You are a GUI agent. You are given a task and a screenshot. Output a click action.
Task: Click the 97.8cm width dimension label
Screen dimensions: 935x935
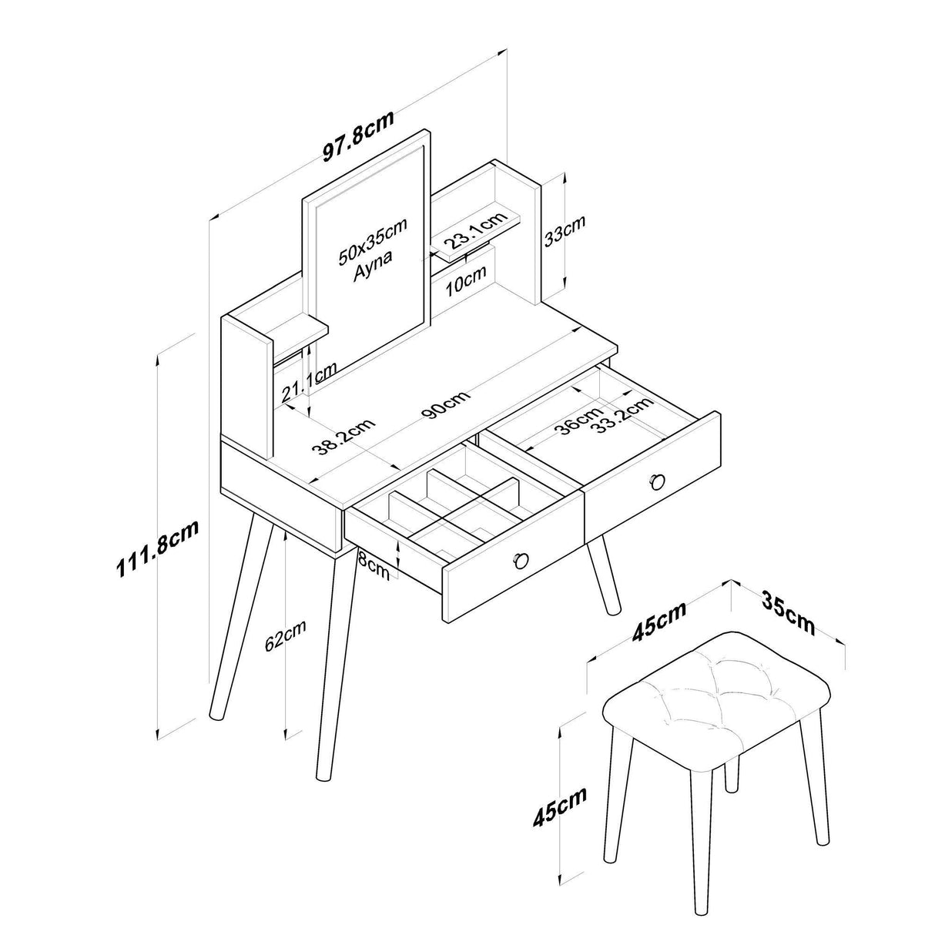(x=359, y=136)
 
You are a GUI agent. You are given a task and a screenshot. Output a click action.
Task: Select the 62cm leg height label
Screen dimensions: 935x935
(x=285, y=635)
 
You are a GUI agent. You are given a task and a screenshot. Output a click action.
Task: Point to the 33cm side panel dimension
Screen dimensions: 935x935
(x=565, y=231)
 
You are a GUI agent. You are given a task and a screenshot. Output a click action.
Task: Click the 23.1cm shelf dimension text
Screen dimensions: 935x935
(x=474, y=232)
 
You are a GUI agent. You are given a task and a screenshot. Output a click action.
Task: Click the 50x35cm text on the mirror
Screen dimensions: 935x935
(x=372, y=240)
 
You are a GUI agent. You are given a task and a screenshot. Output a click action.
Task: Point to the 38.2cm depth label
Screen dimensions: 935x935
(x=343, y=437)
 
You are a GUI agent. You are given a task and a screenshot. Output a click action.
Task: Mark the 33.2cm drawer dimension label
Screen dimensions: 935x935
(x=623, y=416)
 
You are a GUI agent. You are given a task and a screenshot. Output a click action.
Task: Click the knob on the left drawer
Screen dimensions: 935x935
(x=520, y=560)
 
